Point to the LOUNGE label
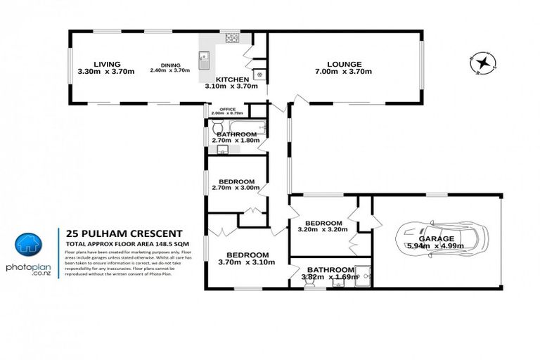[342, 63]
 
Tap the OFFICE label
[226, 109]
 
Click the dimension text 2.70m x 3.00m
[236, 188]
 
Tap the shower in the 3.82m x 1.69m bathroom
[361, 275]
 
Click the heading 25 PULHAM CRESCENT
[124, 233]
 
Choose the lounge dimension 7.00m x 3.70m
[342, 72]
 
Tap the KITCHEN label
[231, 79]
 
